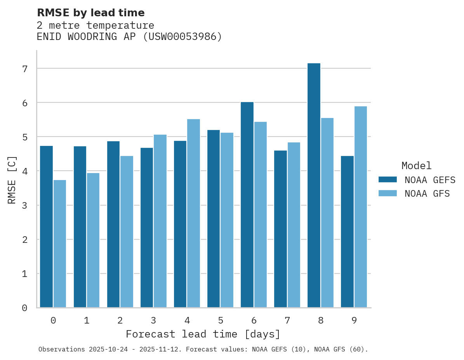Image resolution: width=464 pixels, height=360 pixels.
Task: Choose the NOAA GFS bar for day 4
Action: (x=193, y=213)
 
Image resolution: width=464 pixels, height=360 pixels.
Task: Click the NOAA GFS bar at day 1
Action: (x=93, y=240)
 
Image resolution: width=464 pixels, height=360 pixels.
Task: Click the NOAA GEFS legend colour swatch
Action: (x=388, y=179)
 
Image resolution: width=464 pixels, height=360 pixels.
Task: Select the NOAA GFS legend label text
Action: (x=427, y=194)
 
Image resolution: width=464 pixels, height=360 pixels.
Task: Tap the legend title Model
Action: (x=416, y=166)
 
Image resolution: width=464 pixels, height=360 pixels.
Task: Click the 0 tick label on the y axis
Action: (x=24, y=308)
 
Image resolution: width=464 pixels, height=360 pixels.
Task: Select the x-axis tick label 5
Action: (x=221, y=320)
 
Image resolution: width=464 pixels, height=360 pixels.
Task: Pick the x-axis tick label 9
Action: (x=354, y=320)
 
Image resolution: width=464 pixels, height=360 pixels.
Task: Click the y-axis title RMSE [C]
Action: (x=12, y=180)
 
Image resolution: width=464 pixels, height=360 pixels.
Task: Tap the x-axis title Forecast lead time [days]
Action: (x=203, y=334)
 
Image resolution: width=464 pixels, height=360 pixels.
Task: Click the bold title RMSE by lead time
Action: (x=90, y=13)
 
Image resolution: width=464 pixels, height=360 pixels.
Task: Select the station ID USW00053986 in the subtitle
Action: (x=182, y=37)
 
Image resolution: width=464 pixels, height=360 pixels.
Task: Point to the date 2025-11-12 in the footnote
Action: (x=165, y=350)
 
